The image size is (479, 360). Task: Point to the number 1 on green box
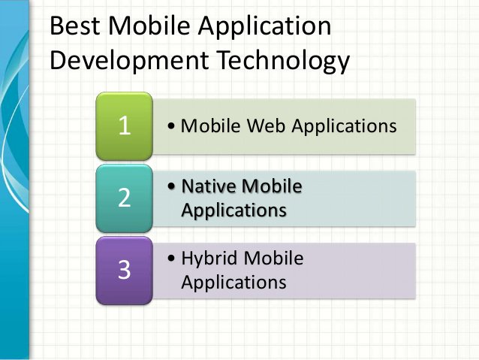click(x=125, y=126)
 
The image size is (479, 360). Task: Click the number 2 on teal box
click(x=125, y=198)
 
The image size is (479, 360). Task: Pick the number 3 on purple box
click(x=125, y=270)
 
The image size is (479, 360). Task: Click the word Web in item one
click(x=266, y=125)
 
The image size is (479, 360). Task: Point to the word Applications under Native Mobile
click(x=233, y=210)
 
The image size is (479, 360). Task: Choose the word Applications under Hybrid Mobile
click(x=233, y=283)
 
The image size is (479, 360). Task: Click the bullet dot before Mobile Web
click(x=173, y=126)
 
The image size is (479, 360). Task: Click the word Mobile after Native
click(x=274, y=186)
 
